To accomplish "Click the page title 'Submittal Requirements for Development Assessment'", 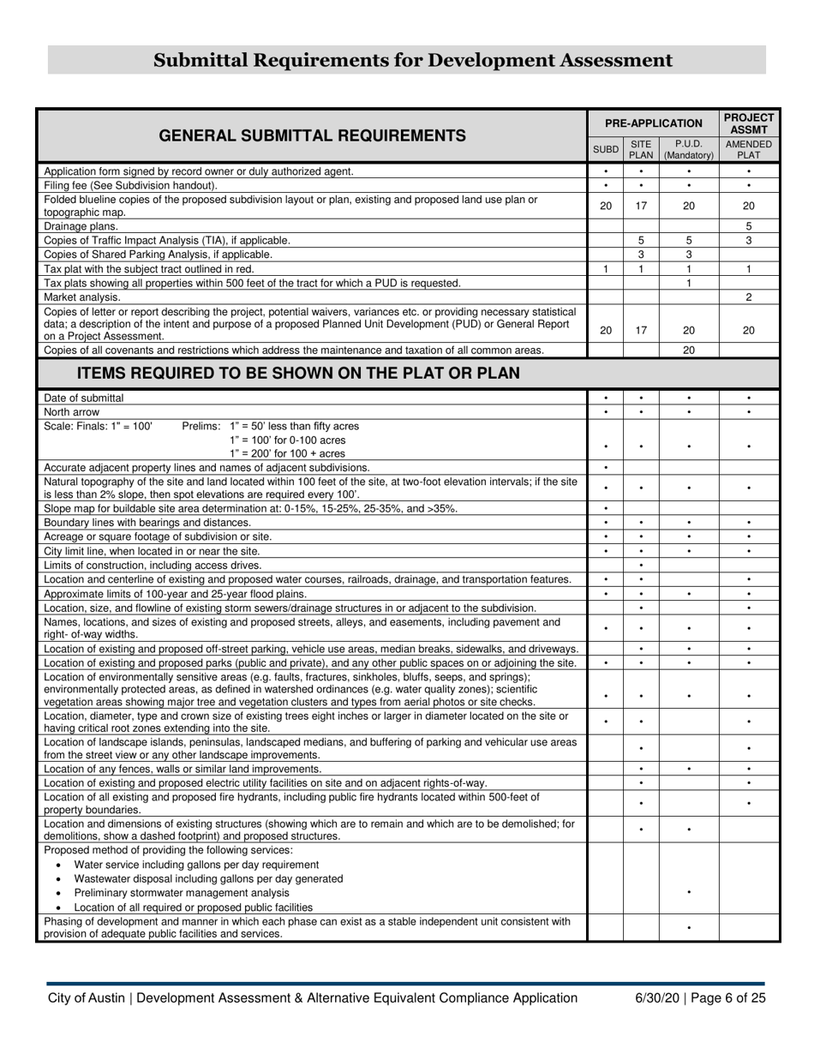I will coord(412,60).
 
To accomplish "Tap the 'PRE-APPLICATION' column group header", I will coord(653,123).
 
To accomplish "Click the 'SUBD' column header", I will coord(605,149).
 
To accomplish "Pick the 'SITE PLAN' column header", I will coord(641,149).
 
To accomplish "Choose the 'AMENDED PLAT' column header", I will coord(748,149).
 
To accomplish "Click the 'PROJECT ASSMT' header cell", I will coord(748,123).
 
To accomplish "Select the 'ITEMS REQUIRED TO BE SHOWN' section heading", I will coord(298,374).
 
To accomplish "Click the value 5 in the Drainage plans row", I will coord(748,226).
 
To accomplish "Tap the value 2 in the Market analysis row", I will coord(748,296).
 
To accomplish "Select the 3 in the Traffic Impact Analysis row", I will coord(748,241).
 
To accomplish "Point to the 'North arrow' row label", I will coord(72,412).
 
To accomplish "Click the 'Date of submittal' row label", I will coord(84,398).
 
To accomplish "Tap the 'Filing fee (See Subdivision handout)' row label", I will coord(130,185).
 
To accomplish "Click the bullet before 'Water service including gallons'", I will coord(58,865).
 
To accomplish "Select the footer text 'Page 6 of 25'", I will coord(728,997).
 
